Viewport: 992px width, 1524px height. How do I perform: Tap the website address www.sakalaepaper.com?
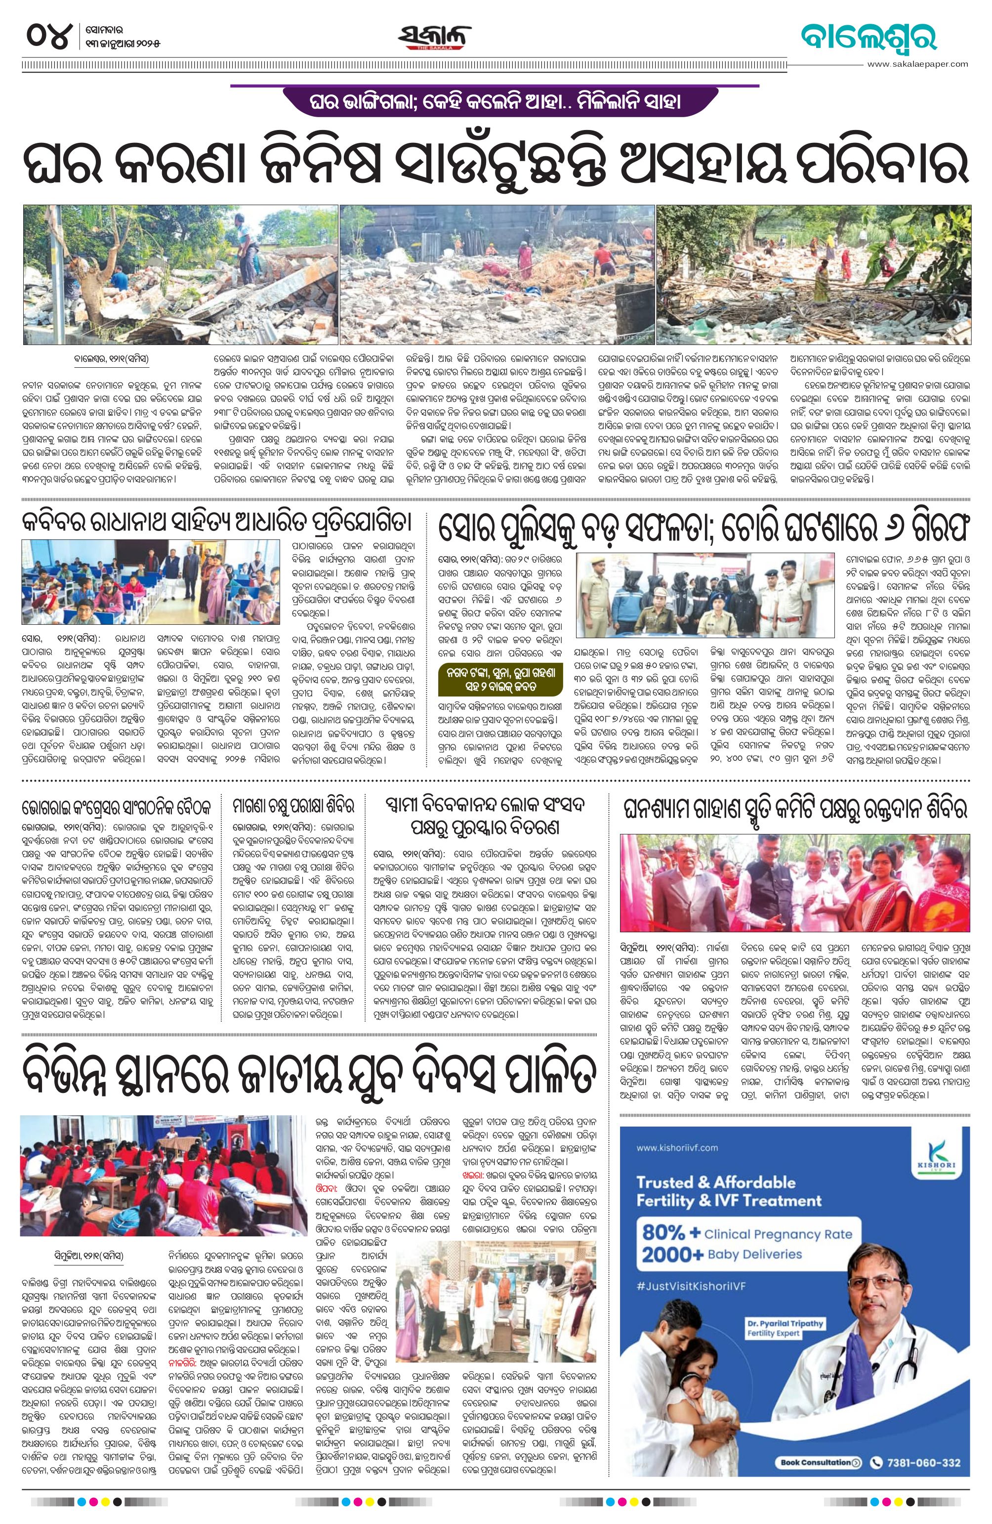[918, 64]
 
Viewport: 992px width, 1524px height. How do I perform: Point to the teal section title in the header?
[868, 37]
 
